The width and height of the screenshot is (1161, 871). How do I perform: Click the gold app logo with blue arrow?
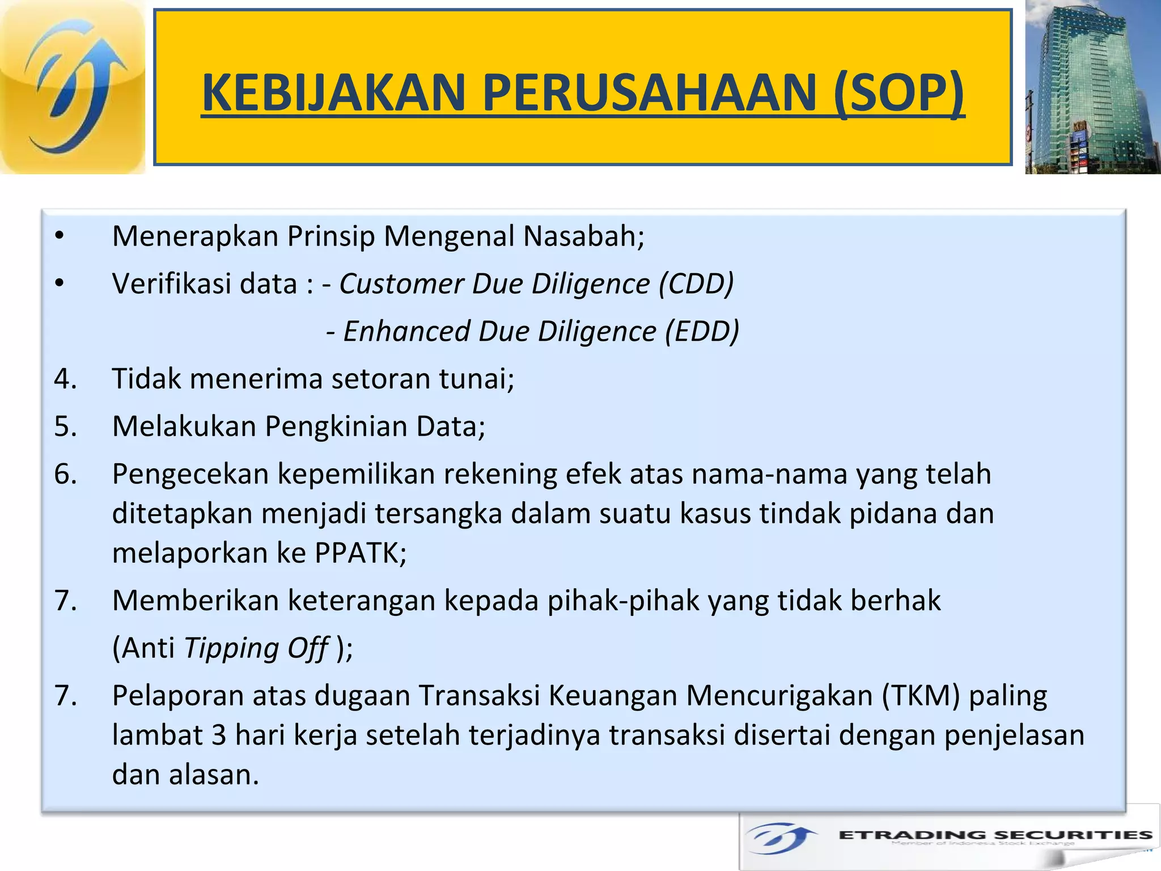(x=73, y=87)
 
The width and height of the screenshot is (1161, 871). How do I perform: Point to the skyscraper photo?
(x=1092, y=87)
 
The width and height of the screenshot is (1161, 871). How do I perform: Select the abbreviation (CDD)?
(x=696, y=284)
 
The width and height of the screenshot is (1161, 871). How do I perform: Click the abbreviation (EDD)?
(x=702, y=331)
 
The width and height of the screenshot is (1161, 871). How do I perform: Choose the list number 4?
(x=65, y=378)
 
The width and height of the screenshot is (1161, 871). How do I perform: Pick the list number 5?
(x=65, y=426)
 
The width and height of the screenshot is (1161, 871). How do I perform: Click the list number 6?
(x=65, y=473)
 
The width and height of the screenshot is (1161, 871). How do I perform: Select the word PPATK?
(x=360, y=553)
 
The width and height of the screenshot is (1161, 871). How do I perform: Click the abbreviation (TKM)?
(x=921, y=696)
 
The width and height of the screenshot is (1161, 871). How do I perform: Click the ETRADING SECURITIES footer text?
(x=995, y=835)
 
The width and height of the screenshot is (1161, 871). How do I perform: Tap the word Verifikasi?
(x=205, y=284)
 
